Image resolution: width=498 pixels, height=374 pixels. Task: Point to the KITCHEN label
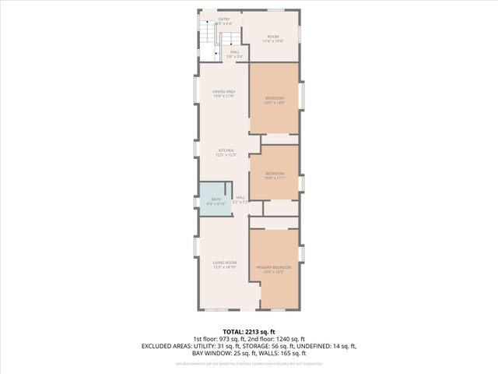[x=226, y=152]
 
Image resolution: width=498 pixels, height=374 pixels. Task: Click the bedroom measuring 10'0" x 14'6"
[x=274, y=99]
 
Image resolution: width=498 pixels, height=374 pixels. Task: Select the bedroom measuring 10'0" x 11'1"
[x=274, y=175]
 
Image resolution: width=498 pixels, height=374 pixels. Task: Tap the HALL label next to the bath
[x=240, y=199]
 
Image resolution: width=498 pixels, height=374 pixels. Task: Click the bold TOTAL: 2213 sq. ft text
[x=248, y=331]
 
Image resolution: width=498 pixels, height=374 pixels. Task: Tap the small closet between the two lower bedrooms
[x=281, y=208]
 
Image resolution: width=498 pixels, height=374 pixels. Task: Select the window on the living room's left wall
[x=196, y=248]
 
